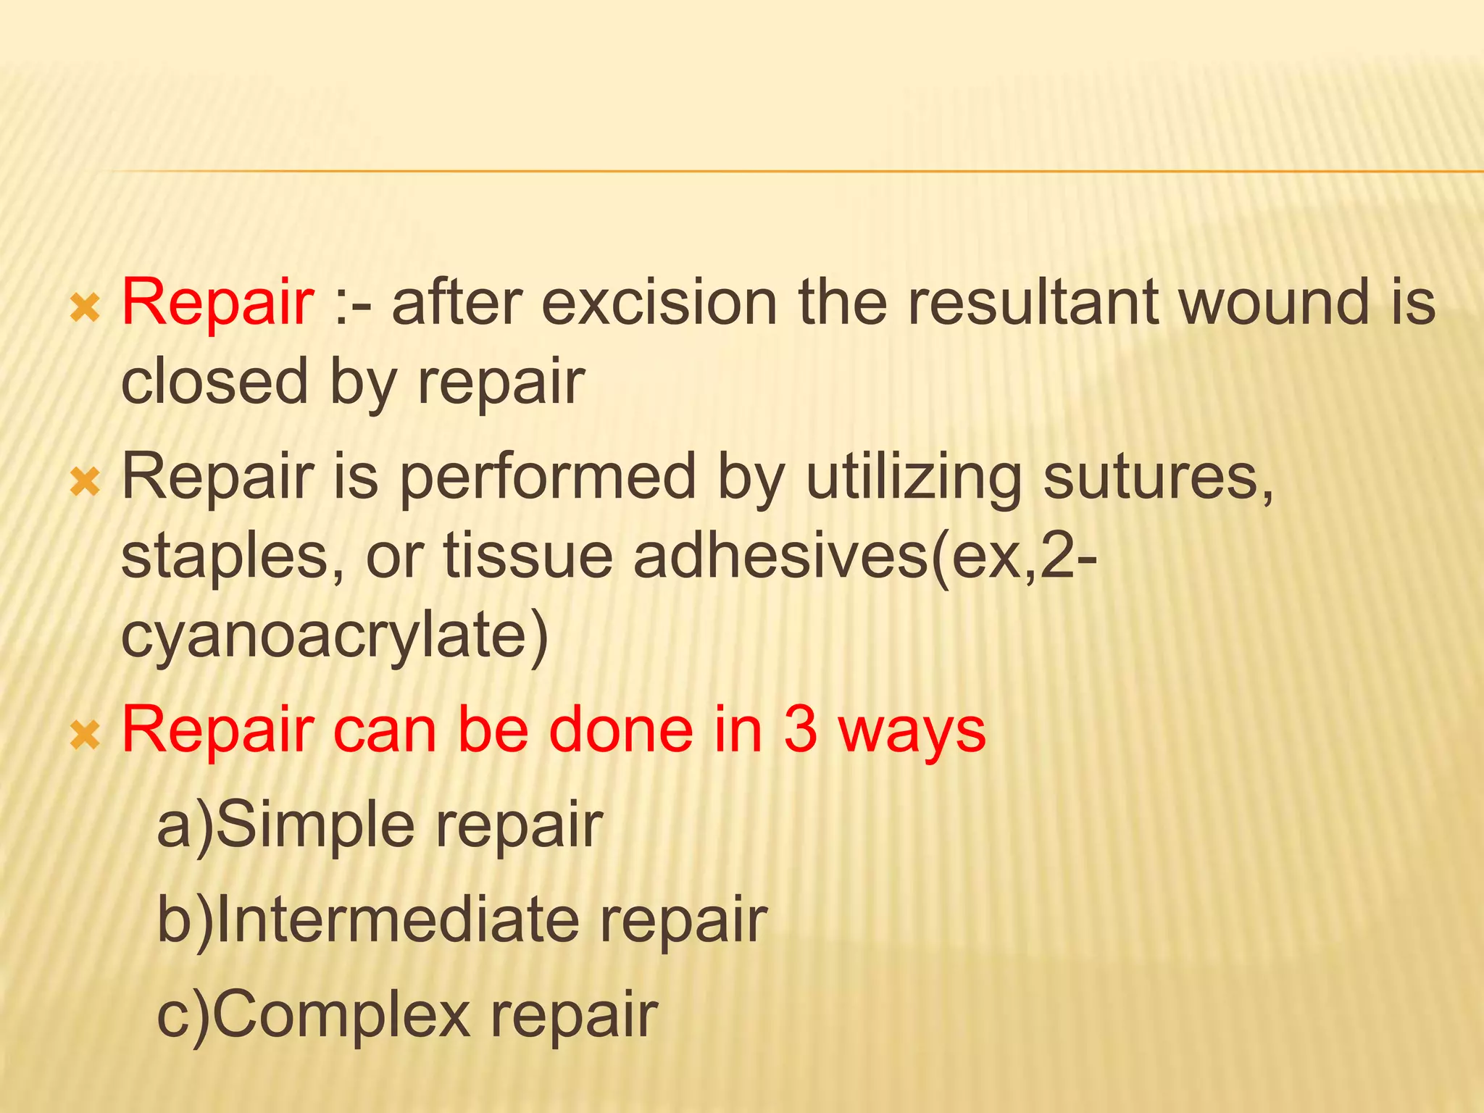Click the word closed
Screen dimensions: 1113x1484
click(x=214, y=383)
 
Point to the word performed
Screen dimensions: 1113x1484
click(x=548, y=478)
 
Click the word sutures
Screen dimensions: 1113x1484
click(x=1157, y=478)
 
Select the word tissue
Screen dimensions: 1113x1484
click(x=528, y=556)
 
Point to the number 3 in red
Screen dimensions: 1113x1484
click(x=800, y=730)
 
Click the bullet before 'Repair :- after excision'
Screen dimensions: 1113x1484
click(x=85, y=309)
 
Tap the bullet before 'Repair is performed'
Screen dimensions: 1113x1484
click(x=85, y=483)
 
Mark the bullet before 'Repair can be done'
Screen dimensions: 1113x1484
click(x=85, y=735)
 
